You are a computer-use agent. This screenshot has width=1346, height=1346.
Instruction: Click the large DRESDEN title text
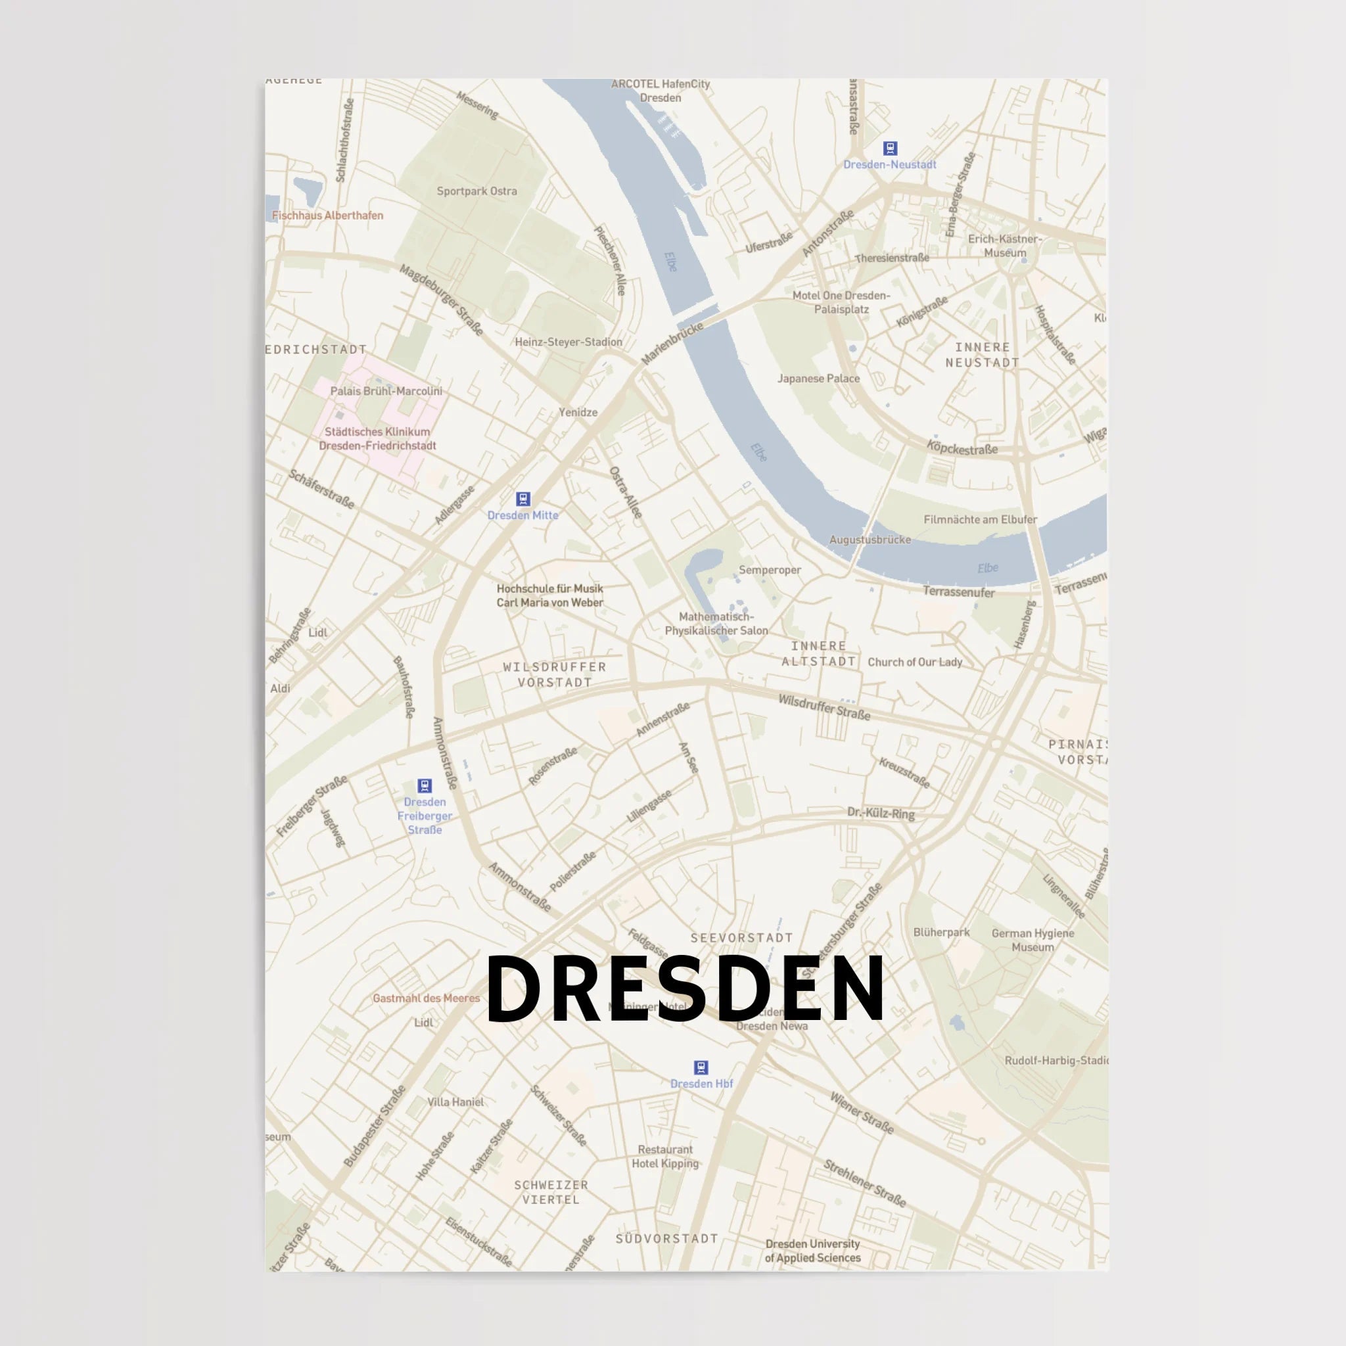[685, 988]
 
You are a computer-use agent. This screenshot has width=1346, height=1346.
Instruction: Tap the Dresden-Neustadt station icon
[890, 149]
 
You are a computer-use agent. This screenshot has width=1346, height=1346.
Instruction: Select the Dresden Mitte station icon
[522, 499]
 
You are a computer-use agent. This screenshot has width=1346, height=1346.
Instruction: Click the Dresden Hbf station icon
[701, 1067]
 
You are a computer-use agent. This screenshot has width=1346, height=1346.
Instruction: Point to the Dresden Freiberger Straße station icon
[425, 786]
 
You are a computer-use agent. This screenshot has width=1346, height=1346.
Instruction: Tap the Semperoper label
[770, 570]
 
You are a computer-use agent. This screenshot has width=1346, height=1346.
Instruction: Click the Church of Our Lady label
[914, 662]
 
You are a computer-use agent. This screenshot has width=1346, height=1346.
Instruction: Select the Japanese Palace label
[819, 379]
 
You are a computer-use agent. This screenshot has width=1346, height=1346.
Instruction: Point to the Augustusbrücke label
[870, 539]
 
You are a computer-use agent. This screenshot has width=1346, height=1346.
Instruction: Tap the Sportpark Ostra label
[476, 191]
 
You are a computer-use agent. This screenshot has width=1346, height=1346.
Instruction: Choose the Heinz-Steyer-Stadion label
[569, 341]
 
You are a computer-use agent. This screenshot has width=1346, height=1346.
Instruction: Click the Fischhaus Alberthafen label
[327, 216]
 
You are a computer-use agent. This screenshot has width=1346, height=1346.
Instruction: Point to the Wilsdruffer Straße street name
[824, 707]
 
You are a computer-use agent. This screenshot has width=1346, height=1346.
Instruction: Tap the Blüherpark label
[941, 932]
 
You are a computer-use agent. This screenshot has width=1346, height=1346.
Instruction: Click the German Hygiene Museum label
[1033, 940]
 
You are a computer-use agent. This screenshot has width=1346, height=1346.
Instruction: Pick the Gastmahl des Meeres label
[427, 998]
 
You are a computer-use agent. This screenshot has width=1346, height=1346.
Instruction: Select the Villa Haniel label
[455, 1102]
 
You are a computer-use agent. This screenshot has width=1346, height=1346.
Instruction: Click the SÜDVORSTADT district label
[666, 1239]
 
